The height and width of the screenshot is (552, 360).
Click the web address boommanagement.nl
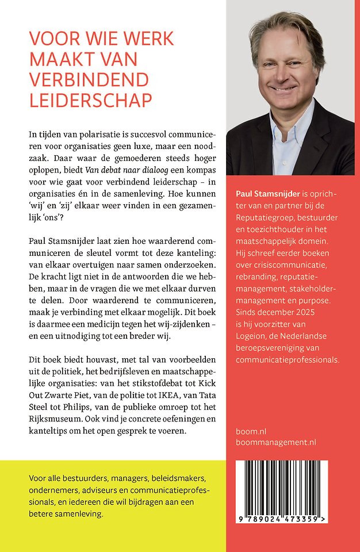[276, 442]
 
